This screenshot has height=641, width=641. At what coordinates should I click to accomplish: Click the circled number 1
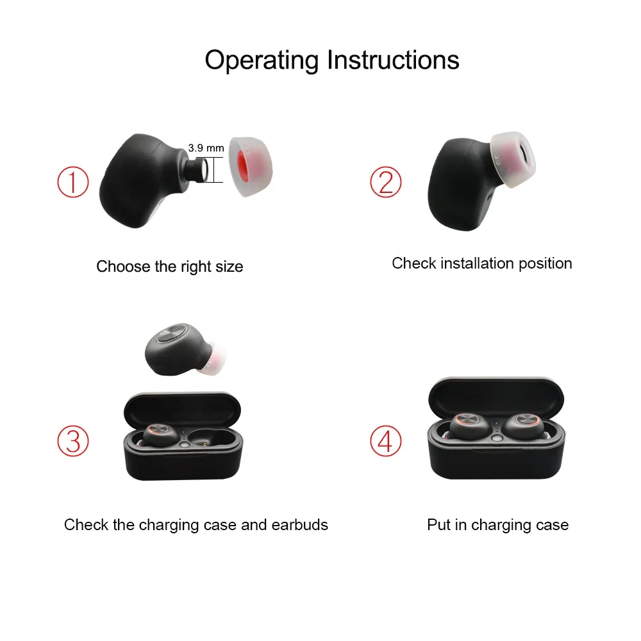(72, 182)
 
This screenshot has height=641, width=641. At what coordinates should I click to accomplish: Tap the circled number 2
(385, 182)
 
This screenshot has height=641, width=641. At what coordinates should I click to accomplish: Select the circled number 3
(72, 441)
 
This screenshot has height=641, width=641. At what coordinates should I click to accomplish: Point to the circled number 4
(385, 441)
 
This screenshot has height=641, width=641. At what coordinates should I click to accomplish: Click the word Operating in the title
(262, 60)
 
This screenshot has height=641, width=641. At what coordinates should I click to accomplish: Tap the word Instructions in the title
(393, 60)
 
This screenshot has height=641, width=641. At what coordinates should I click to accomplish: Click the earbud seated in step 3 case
(158, 436)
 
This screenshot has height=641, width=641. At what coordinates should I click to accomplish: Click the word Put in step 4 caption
(438, 525)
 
